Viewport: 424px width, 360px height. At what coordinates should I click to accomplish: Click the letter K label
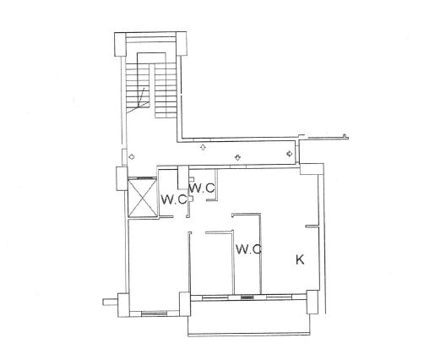300,259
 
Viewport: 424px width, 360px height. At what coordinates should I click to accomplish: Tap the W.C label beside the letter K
248,249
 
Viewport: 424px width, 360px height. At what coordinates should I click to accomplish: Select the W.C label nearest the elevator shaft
173,199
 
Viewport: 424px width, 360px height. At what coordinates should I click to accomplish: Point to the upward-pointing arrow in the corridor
203,147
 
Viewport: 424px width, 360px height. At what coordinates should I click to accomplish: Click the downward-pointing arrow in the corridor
237,157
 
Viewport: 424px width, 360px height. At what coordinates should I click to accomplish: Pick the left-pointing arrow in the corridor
131,156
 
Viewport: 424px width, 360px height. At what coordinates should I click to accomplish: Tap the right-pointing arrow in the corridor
290,154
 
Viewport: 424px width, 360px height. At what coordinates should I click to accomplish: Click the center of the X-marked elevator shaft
142,197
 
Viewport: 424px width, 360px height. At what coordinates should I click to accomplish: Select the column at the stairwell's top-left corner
120,44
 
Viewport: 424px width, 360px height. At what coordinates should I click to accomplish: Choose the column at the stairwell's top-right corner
182,43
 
